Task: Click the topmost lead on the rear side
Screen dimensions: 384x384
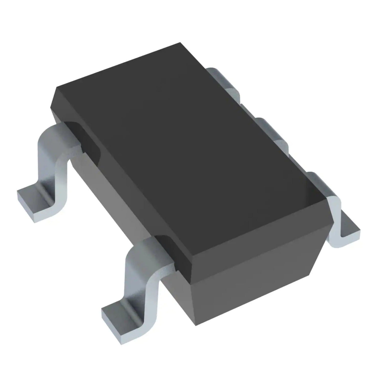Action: pyautogui.click(x=225, y=79)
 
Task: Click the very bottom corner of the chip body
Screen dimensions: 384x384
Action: pyautogui.click(x=196, y=325)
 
